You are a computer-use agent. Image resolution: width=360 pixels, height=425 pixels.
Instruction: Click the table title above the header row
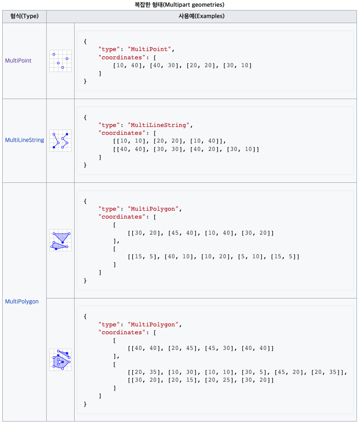pyautogui.click(x=179, y=5)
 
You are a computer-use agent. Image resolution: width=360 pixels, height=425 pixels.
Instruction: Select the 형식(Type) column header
pyautogui.click(x=24, y=17)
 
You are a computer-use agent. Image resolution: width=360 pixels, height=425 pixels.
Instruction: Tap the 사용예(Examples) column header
pyautogui.click(x=201, y=17)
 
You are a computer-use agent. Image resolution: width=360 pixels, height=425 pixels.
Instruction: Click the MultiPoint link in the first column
pyautogui.click(x=18, y=61)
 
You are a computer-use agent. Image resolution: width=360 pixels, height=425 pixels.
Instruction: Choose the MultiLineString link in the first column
pyautogui.click(x=24, y=140)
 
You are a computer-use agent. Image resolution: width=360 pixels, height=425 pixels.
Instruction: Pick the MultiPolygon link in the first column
pyautogui.click(x=21, y=302)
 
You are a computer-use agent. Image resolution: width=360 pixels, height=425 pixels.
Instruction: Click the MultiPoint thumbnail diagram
pyautogui.click(x=60, y=61)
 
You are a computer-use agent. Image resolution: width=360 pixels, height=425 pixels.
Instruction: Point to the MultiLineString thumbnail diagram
pyautogui.click(x=60, y=141)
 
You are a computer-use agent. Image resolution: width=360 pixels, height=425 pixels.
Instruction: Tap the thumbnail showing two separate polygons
pyautogui.click(x=60, y=240)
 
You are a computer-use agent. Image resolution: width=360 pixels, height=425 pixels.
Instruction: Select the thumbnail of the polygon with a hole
pyautogui.click(x=60, y=360)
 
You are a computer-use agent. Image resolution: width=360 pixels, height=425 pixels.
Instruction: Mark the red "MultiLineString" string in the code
pyautogui.click(x=158, y=125)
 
